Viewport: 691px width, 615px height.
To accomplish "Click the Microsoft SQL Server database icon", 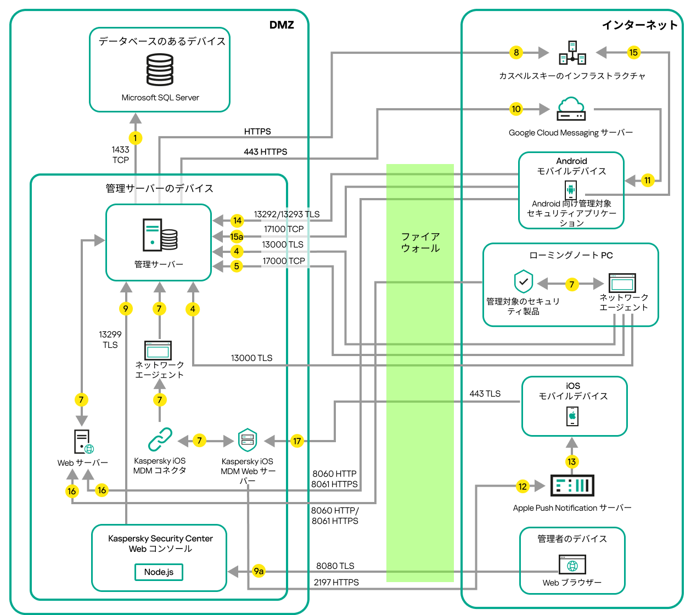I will coord(160,70).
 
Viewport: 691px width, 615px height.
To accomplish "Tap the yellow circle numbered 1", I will coord(135,138).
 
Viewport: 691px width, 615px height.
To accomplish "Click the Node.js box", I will coord(159,572).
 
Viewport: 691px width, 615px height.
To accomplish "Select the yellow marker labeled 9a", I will coord(259,571).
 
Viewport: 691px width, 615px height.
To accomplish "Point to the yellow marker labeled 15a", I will coord(237,236).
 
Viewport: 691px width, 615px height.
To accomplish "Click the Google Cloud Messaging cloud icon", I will coord(571,109).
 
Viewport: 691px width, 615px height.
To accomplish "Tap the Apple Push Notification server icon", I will coord(572,486).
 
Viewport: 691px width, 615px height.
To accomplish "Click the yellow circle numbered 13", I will coord(572,461).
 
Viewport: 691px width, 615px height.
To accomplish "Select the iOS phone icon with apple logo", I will coord(572,416).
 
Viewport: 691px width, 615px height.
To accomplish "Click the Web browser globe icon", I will coord(572,565).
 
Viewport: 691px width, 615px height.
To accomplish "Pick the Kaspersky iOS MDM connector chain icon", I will coord(160,439).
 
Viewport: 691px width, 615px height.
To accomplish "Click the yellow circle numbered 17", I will coord(297,441).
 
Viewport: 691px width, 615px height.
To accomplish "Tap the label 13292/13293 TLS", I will coord(286,215).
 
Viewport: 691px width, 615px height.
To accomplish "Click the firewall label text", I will coord(420,242).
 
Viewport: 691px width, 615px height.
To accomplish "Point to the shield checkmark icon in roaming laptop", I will coord(524,281).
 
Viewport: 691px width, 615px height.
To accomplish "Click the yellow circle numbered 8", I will coord(516,53).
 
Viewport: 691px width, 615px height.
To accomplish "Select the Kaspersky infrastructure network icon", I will coord(572,53).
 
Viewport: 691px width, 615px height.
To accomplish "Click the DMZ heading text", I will coord(282,25).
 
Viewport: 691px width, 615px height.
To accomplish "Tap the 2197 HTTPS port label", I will coord(336,582).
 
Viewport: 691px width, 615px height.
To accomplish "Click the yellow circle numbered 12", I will coord(523,486).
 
